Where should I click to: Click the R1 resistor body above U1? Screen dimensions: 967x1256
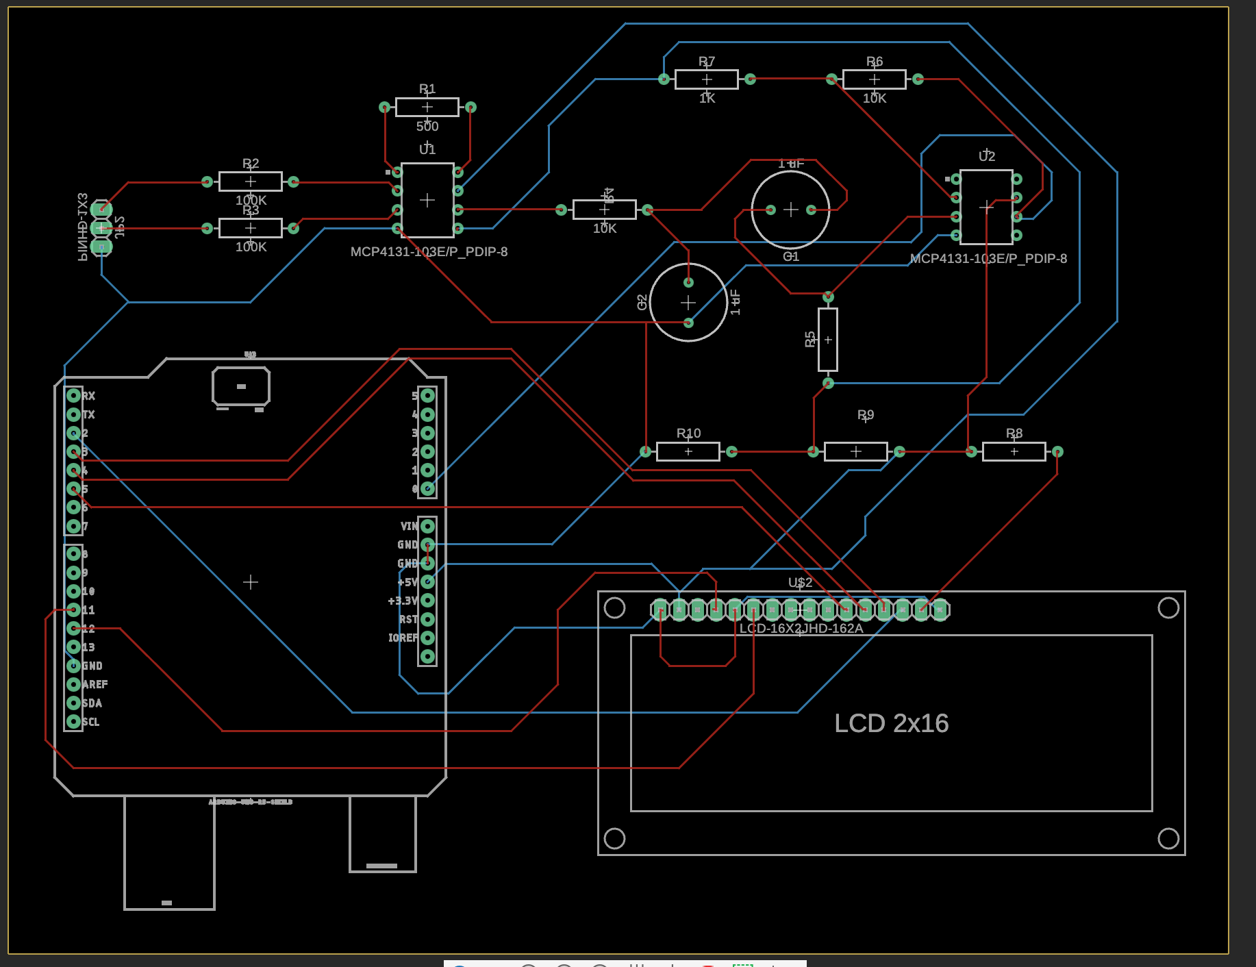[x=427, y=108]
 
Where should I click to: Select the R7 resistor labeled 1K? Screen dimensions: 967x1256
[x=706, y=79]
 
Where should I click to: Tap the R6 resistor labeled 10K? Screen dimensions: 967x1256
[x=874, y=79]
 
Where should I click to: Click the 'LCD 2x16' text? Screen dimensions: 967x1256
[x=891, y=723]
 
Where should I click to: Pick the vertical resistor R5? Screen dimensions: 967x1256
[x=827, y=340]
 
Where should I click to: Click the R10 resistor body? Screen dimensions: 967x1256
[x=688, y=451]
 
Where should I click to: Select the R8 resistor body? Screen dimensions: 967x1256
[x=1014, y=451]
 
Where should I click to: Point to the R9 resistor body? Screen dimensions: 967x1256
[x=855, y=451]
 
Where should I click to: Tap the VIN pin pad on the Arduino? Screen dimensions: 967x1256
[x=427, y=526]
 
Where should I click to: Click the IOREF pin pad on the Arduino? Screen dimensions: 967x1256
[x=427, y=638]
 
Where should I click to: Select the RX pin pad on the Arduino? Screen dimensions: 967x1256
[x=73, y=395]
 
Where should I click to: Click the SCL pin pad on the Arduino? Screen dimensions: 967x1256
[x=73, y=721]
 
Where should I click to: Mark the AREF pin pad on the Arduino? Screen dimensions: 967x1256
[x=73, y=684]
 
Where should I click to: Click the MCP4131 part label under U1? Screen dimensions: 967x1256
[x=429, y=252]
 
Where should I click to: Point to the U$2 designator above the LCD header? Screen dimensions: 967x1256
[x=800, y=582]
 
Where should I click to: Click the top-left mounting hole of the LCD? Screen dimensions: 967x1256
[x=614, y=607]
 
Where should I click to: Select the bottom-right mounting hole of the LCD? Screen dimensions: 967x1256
[x=1168, y=838]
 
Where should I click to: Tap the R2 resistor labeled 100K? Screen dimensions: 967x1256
[x=250, y=181]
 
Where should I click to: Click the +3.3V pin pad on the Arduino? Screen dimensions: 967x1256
[x=427, y=601]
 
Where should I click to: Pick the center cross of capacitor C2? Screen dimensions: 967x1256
[x=688, y=302]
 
